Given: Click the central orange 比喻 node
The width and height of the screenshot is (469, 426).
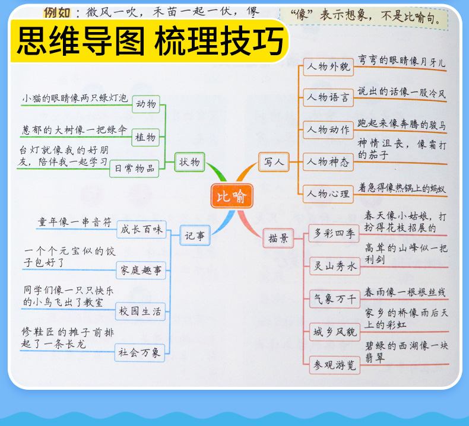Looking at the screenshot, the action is pyautogui.click(x=232, y=196).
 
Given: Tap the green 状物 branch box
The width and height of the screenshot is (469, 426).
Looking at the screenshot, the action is pyautogui.click(x=190, y=161).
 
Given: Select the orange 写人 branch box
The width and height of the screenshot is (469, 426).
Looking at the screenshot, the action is pyautogui.click(x=274, y=161).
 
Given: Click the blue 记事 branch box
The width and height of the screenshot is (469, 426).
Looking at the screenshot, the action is pyautogui.click(x=197, y=236).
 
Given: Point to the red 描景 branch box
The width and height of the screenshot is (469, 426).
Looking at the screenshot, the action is pyautogui.click(x=278, y=238).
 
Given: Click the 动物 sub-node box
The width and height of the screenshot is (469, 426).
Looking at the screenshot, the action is pyautogui.click(x=146, y=105).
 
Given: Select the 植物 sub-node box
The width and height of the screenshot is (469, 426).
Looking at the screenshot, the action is pyautogui.click(x=146, y=137).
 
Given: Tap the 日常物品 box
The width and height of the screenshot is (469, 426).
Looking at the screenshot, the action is pyautogui.click(x=135, y=169).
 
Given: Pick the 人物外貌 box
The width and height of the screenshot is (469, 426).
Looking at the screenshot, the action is pyautogui.click(x=328, y=67).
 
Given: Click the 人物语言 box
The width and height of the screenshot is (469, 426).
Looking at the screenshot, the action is pyautogui.click(x=328, y=98).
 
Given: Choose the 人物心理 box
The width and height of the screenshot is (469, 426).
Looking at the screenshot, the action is pyautogui.click(x=328, y=193).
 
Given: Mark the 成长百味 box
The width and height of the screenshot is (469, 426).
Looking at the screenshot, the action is pyautogui.click(x=141, y=229).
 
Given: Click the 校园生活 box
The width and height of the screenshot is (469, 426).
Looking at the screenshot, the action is pyautogui.click(x=141, y=311).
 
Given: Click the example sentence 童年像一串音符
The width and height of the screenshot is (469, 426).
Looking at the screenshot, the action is pyautogui.click(x=75, y=222).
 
